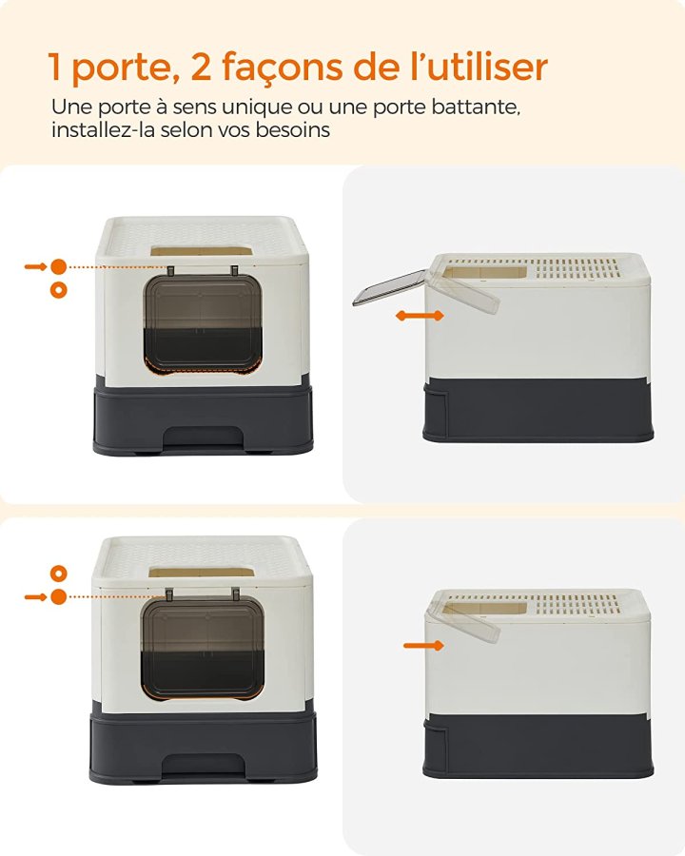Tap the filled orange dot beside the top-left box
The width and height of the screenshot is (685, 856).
(58, 266)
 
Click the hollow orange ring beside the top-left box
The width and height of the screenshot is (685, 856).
(58, 290)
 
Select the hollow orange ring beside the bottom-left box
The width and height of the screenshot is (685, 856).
(58, 574)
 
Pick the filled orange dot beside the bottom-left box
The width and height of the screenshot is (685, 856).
(58, 596)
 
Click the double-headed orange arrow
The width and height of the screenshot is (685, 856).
(421, 316)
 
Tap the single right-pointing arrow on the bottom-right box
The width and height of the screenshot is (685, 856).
(423, 646)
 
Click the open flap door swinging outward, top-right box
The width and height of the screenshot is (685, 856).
(389, 287)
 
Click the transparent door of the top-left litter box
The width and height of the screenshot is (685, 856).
(203, 323)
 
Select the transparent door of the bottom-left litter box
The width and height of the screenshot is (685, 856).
(202, 648)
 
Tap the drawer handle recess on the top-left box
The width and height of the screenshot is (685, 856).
(202, 437)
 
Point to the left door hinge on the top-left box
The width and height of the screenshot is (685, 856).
(170, 271)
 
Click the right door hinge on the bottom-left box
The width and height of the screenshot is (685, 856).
(235, 594)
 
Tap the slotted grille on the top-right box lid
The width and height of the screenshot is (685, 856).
(577, 268)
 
